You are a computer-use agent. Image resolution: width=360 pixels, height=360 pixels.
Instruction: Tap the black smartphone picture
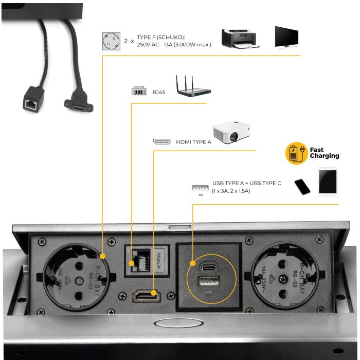tap(302, 187)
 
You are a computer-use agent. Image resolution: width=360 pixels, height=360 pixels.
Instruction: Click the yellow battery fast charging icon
tap(296, 153)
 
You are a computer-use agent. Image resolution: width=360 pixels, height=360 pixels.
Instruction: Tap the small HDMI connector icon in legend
tap(161, 141)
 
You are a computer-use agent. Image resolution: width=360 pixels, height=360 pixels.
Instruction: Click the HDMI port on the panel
tap(147, 296)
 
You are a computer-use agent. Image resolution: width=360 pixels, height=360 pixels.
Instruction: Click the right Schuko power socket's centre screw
tap(282, 279)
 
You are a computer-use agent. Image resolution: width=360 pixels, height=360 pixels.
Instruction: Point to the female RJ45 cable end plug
tap(31, 105)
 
